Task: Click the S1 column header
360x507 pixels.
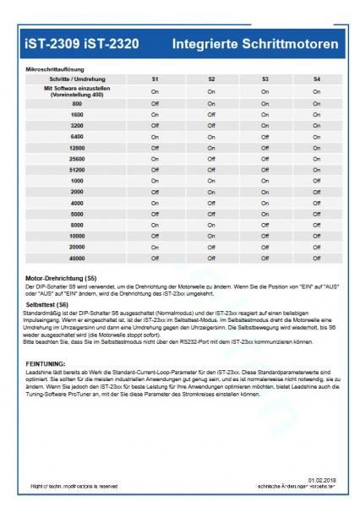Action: click(155, 79)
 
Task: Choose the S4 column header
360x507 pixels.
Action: click(317, 79)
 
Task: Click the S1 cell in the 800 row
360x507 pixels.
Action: click(155, 102)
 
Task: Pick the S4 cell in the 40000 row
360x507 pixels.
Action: click(317, 259)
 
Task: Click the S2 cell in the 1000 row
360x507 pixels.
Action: click(211, 180)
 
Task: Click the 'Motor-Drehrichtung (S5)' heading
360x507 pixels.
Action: click(62, 276)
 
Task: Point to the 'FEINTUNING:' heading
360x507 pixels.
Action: click(49, 361)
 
